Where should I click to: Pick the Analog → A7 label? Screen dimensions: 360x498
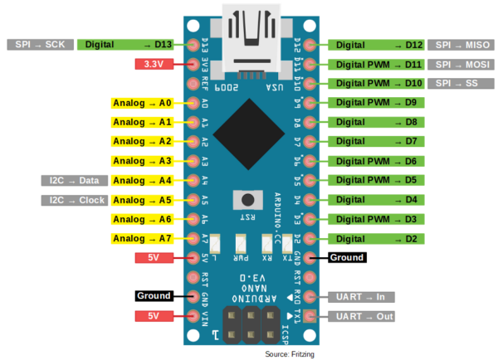click(x=142, y=239)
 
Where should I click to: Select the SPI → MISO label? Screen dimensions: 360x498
click(x=461, y=45)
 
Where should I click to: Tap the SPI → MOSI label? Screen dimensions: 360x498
click(x=461, y=64)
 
